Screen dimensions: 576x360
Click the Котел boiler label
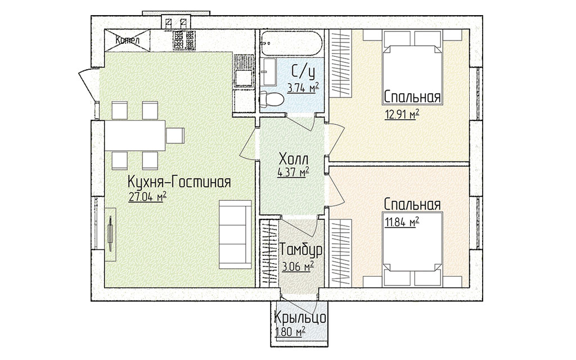[x=127, y=40]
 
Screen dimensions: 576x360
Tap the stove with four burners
[x=184, y=40]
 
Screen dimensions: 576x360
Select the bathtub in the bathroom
[x=292, y=43]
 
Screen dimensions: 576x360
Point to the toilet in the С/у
[x=271, y=100]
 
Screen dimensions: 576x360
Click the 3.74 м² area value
[x=303, y=88]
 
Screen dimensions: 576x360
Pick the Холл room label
[x=294, y=160]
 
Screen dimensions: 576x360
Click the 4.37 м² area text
[x=292, y=172]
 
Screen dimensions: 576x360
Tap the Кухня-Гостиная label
[x=179, y=182]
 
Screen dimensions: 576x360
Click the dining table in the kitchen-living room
[x=135, y=136]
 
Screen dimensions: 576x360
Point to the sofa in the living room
[x=236, y=235]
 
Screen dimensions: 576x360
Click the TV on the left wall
[x=110, y=235]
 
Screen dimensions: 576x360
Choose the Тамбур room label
[x=301, y=250]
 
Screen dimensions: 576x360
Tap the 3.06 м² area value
[x=298, y=266]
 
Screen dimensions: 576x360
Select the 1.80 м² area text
[x=290, y=332]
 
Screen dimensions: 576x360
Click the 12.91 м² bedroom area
[x=402, y=115]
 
